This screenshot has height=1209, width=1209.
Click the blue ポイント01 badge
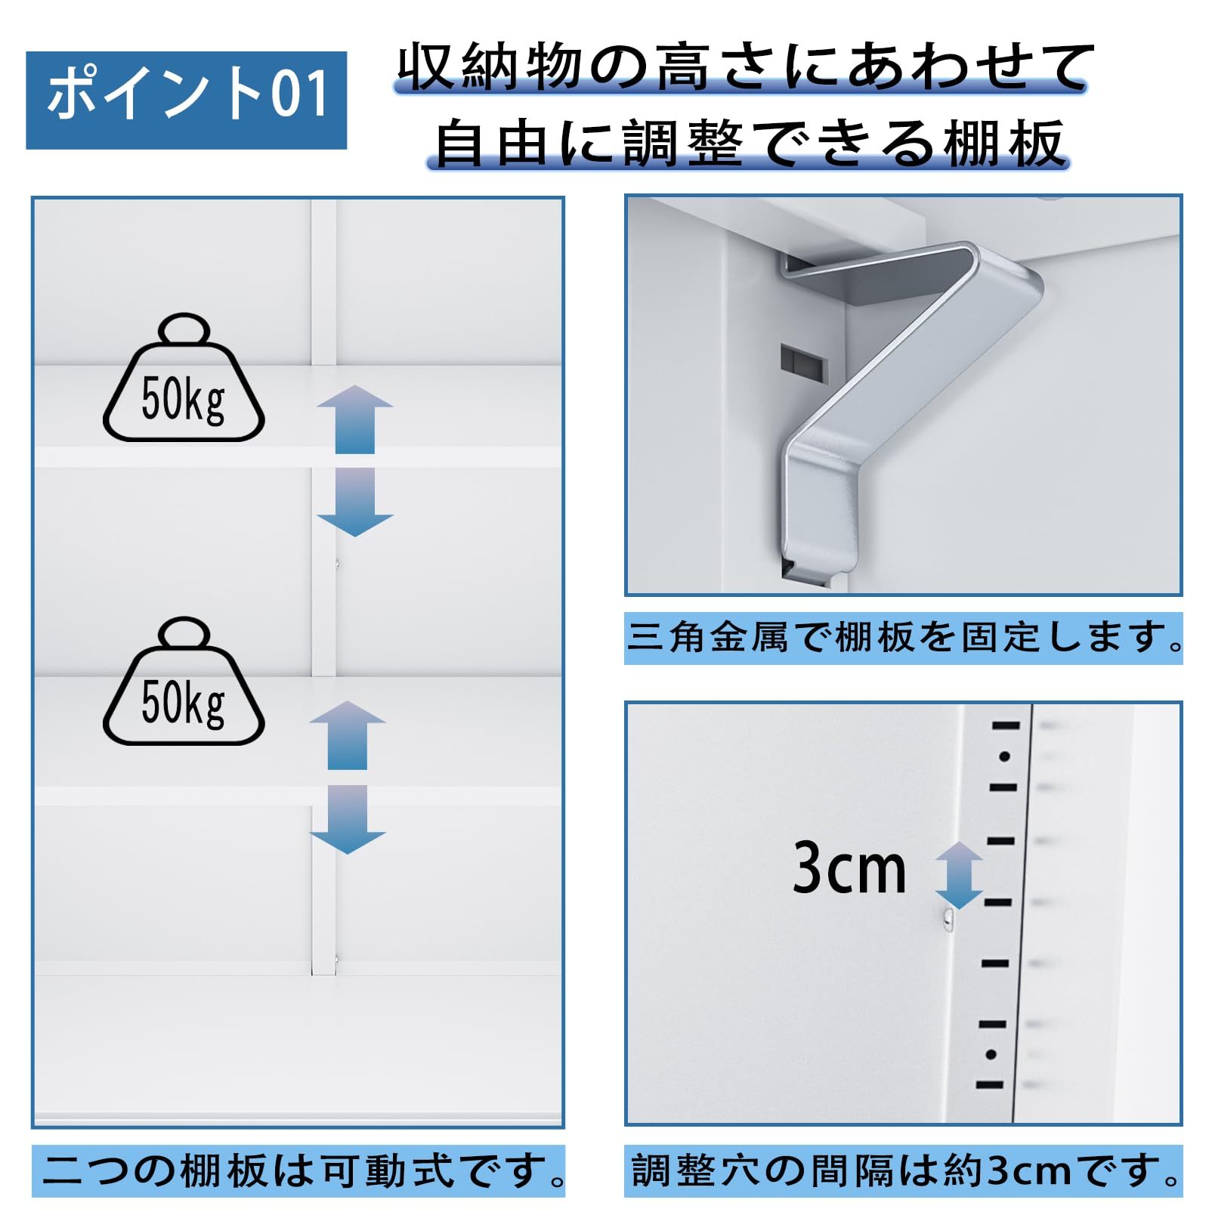tap(186, 100)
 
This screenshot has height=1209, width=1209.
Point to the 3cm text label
tap(849, 869)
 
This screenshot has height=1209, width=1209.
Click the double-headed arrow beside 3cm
tap(958, 874)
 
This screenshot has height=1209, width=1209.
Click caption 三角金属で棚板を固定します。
tap(903, 639)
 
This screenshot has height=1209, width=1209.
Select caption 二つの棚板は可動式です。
tap(298, 1170)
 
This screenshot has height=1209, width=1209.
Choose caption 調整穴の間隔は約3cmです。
tap(903, 1170)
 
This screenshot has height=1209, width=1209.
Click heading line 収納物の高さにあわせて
tap(744, 68)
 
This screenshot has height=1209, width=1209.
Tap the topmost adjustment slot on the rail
tap(1006, 725)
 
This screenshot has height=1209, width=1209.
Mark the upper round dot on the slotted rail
tap(1004, 756)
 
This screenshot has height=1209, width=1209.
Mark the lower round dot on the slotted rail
tap(991, 1055)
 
